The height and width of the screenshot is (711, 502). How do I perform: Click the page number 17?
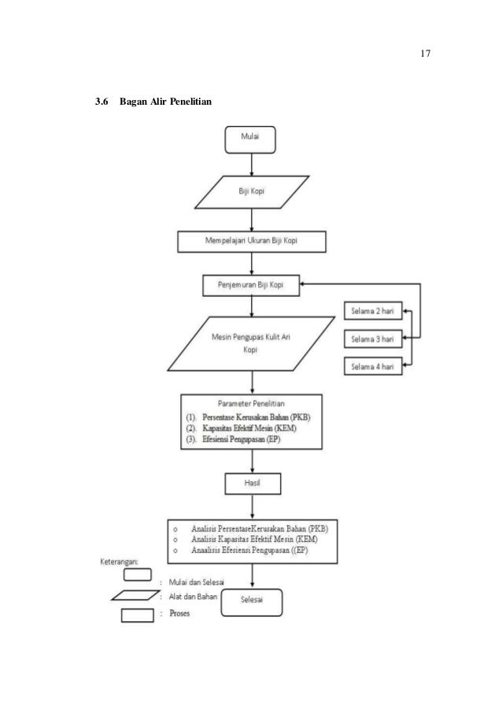point(425,54)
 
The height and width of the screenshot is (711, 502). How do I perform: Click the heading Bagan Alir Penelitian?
point(165,102)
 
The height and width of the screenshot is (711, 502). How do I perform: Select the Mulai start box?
point(250,139)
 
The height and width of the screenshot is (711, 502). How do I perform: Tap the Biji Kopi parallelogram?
point(252,192)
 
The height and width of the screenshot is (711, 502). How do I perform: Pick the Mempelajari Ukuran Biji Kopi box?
point(252,241)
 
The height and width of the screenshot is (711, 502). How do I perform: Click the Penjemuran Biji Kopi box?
point(251,285)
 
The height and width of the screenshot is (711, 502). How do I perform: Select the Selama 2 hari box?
point(373,311)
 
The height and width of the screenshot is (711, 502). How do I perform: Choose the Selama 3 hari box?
point(373,339)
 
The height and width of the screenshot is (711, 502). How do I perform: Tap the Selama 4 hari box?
point(373,366)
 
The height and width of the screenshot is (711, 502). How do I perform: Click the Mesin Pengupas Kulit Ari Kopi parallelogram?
point(252,344)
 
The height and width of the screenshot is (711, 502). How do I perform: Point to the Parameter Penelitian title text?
point(251,404)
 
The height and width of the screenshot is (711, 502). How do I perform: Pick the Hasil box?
point(253,483)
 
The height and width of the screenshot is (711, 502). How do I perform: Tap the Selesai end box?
point(252,602)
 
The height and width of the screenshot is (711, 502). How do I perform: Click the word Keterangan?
point(118,562)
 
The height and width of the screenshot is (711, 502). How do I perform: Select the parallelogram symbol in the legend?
point(135,595)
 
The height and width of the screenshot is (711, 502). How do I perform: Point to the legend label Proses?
point(179,613)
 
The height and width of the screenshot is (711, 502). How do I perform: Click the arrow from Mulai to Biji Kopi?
point(252,165)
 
